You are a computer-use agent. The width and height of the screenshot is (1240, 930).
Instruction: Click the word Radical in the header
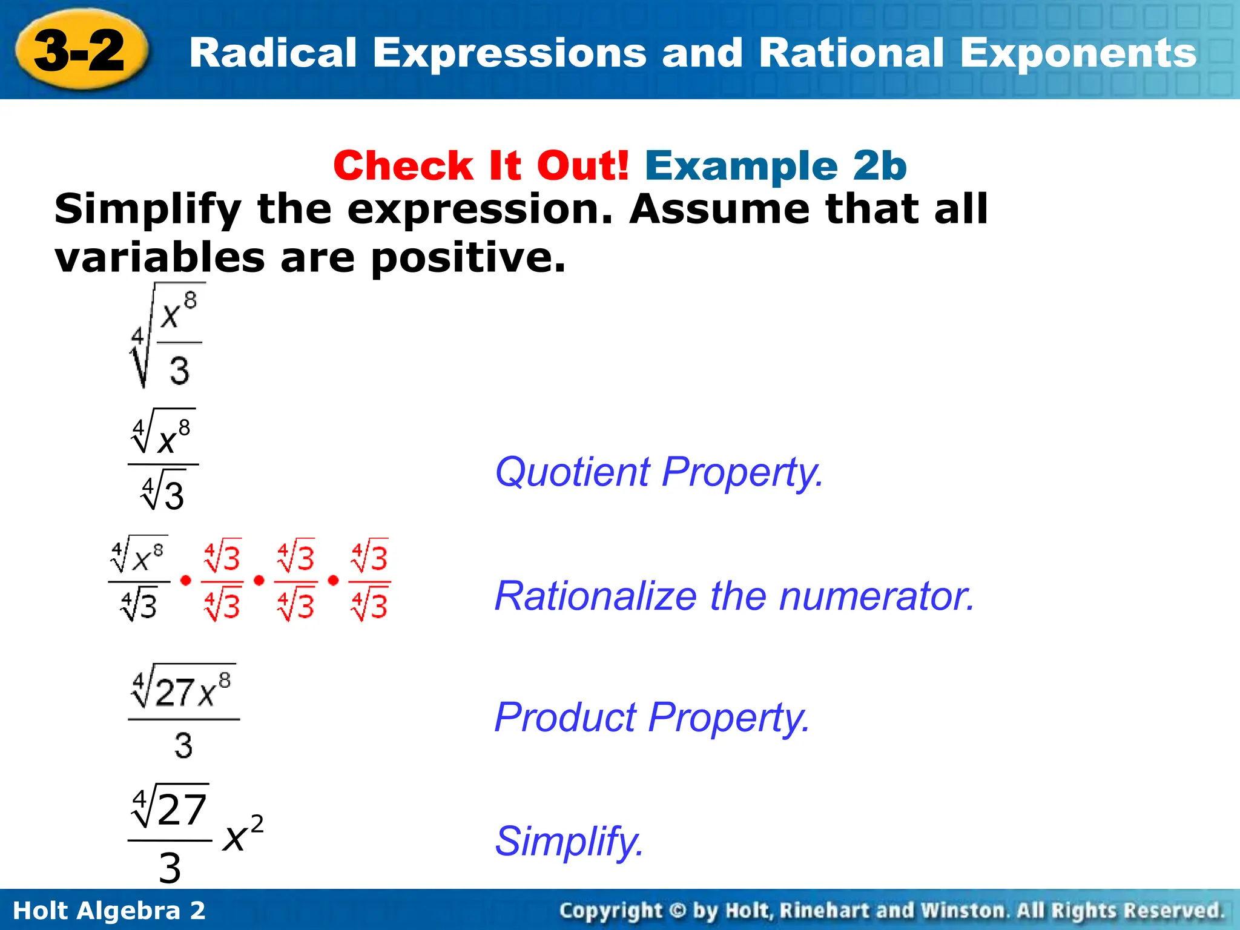273,53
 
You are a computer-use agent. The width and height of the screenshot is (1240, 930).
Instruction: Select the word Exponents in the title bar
1078,53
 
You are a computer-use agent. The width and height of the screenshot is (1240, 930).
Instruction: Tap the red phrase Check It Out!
481,165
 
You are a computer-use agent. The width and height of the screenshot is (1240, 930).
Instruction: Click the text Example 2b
776,165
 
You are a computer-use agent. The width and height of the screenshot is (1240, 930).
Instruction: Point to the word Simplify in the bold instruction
148,209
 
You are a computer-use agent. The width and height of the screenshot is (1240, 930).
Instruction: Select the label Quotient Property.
659,472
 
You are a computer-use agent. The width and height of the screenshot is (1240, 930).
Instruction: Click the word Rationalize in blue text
595,596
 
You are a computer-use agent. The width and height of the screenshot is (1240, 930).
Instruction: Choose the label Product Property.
651,717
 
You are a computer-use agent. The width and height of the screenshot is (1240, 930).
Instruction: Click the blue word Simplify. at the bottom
569,841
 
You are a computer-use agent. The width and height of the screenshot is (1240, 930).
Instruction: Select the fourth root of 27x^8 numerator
182,689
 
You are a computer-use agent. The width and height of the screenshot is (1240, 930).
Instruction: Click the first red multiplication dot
186,580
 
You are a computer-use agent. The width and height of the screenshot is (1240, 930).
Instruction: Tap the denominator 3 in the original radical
179,370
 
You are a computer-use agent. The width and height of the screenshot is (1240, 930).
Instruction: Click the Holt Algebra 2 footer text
109,911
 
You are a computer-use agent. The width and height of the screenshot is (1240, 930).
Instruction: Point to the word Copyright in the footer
611,911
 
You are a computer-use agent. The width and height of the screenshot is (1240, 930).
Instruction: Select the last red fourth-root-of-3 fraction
370,580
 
